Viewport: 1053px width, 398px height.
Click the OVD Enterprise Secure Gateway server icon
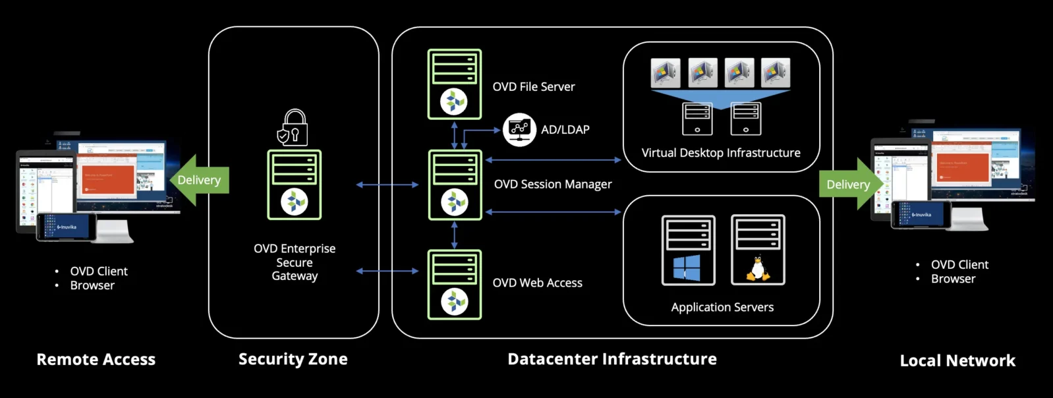pos(295,185)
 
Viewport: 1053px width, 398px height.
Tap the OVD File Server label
pos(534,87)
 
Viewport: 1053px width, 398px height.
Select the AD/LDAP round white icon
pos(519,129)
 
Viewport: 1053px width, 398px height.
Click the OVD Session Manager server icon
pos(455,185)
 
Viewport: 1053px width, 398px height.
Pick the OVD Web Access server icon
pos(455,285)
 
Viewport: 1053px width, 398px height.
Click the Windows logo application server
pos(688,250)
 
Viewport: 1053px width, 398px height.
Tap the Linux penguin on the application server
pos(758,269)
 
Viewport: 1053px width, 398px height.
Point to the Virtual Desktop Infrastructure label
pos(721,153)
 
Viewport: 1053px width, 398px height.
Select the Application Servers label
pos(722,307)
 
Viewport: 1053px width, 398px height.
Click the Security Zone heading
pos(293,359)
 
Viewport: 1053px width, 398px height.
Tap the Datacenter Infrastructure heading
pos(612,359)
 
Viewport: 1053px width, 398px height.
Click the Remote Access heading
pos(96,359)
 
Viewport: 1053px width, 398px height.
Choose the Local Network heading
pos(957,360)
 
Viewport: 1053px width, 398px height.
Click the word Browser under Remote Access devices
pos(92,285)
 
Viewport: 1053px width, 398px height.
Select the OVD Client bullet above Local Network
pos(959,264)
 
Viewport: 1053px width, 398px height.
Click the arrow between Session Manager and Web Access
pos(454,235)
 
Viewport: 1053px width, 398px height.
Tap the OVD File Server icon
pos(455,84)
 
